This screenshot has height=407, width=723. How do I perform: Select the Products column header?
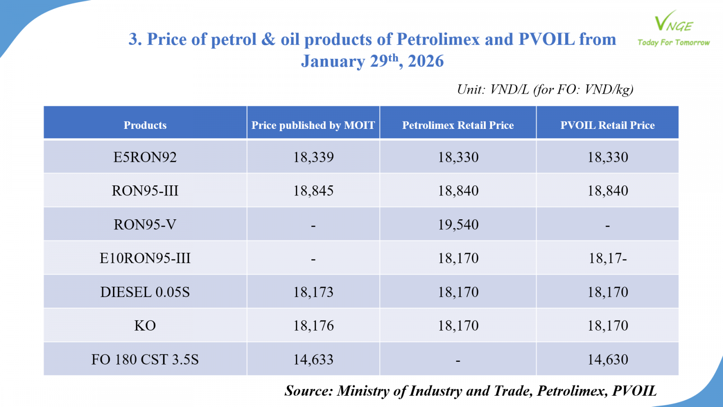145,125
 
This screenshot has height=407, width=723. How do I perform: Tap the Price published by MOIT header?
313,125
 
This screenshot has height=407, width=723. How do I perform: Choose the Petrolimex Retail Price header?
458,125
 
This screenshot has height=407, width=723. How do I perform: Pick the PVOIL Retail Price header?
607,125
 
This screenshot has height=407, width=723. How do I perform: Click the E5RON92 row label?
145,157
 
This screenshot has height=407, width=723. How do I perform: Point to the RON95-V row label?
145,225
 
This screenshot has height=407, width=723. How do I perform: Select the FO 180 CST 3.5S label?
145,360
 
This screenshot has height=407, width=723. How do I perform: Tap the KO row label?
145,326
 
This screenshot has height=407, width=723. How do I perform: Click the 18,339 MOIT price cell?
313,157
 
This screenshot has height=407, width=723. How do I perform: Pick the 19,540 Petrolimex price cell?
458,225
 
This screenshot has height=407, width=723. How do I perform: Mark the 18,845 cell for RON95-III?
313,191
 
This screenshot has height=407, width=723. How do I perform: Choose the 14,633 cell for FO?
313,360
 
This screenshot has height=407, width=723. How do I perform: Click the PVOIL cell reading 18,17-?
607,258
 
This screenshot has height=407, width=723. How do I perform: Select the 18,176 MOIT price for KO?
313,326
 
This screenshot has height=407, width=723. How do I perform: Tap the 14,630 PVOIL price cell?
607,360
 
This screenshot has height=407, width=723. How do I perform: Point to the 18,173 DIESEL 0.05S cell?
313,292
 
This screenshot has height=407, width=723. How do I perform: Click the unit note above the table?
545,90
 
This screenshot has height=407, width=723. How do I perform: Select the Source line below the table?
470,391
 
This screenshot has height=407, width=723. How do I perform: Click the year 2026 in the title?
426,62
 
